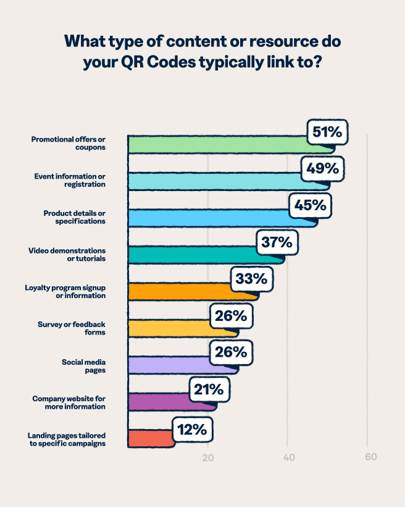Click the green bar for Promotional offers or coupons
[x=216, y=144]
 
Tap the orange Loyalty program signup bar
[x=179, y=292]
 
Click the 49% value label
[x=322, y=168]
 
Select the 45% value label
[x=310, y=205]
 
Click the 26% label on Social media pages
[x=231, y=352]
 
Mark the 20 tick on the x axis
[x=208, y=458]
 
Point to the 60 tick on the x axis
[x=370, y=458]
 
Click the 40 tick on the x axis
[x=288, y=458]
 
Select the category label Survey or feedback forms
[x=72, y=328]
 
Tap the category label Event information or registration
[x=70, y=180]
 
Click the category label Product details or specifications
[x=75, y=217]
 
